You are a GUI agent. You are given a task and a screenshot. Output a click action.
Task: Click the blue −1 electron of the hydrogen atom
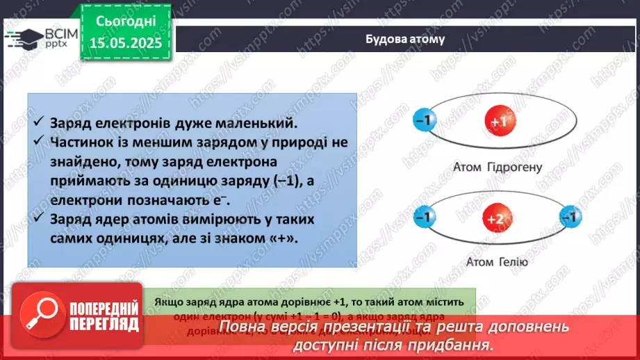424,121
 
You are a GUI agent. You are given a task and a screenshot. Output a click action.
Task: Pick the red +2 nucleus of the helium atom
495,220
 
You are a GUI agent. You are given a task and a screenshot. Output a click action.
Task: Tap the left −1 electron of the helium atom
422,218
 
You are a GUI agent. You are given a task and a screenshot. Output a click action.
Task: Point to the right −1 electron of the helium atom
570,218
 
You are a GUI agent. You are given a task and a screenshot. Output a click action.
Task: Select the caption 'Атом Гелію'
490,262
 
